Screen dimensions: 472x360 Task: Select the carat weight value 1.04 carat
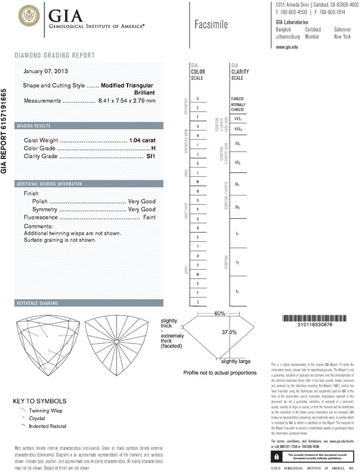pos(142,140)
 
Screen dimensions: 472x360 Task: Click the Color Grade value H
pos(153,148)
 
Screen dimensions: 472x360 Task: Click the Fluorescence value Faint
pos(149,217)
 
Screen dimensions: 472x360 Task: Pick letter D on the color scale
pos(198,99)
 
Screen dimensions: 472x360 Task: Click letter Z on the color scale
pos(198,302)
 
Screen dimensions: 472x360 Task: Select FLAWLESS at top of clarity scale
pos(238,99)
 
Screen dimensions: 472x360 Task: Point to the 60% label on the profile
pos(220,314)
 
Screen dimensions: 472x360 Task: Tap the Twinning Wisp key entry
pos(47,410)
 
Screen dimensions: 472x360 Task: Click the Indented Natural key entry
pos(48,426)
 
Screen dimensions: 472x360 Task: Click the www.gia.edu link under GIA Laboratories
pos(288,47)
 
